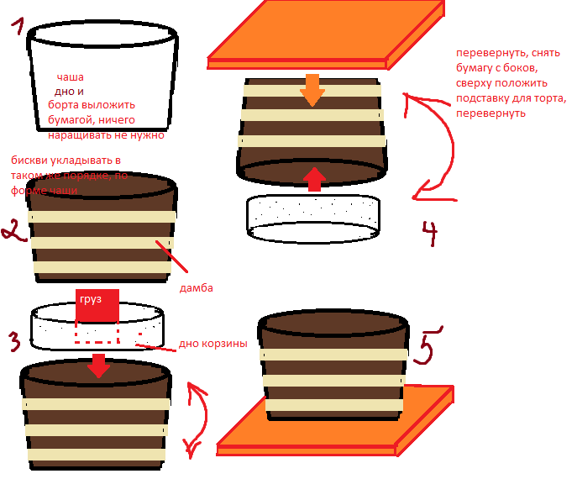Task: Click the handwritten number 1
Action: [x=17, y=35]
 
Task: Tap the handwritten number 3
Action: [x=14, y=341]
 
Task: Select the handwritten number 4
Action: [x=428, y=233]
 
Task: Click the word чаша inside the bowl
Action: [x=70, y=77]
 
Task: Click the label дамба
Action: [x=197, y=288]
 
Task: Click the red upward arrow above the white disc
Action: [x=313, y=179]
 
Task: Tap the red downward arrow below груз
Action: [x=99, y=365]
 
